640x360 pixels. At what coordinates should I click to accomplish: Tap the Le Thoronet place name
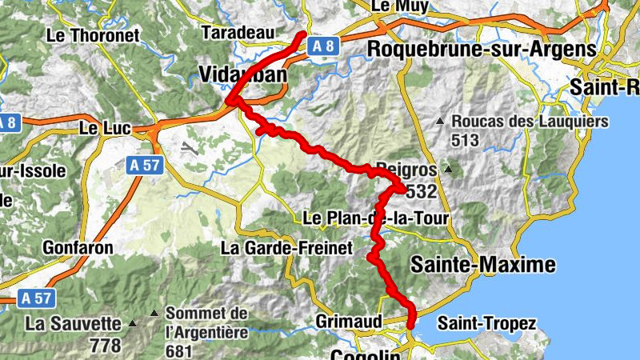[x=93, y=35]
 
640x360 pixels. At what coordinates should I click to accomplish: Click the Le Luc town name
[x=99, y=128]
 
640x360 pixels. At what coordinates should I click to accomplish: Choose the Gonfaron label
[x=78, y=248]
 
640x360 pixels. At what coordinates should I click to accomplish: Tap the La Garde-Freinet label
[x=286, y=249]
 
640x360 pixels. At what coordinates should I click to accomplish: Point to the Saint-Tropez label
[x=486, y=323]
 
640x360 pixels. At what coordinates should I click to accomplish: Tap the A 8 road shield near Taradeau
[x=323, y=46]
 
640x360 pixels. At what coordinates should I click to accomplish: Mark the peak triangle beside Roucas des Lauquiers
[x=439, y=122]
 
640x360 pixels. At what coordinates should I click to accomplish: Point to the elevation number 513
[x=464, y=141]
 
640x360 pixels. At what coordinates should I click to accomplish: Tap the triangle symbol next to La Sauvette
[x=133, y=325]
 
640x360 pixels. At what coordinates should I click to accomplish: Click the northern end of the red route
[x=302, y=34]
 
